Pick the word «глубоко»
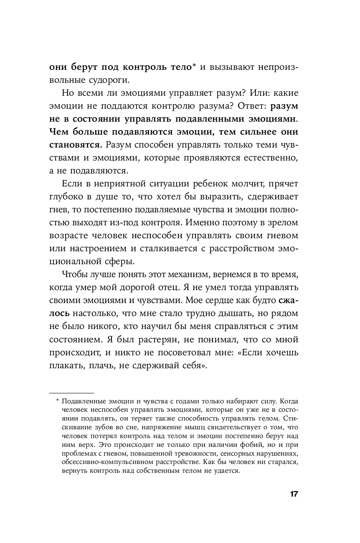tap(66, 197)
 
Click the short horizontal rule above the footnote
tap(71, 393)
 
